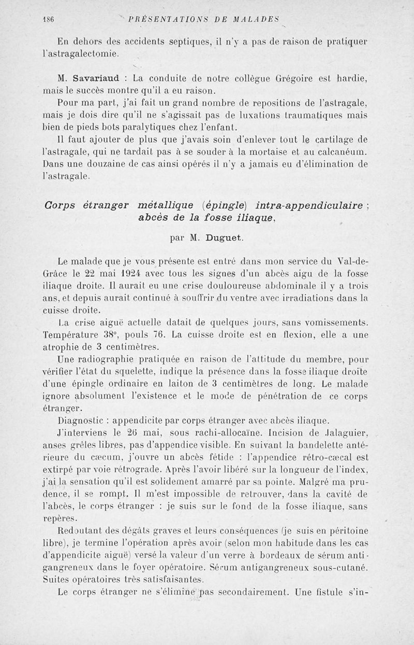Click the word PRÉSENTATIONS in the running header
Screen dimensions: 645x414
point(162,20)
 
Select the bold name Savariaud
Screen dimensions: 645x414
point(99,79)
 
